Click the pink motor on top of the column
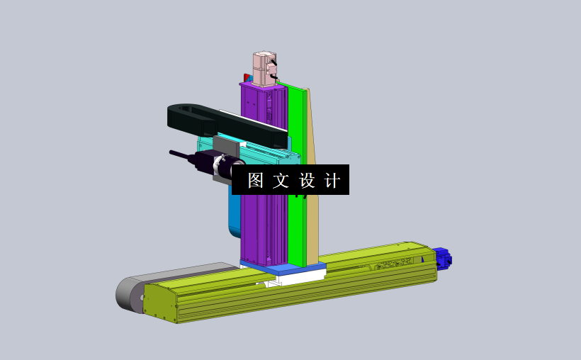[x=264, y=68]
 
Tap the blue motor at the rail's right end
[x=442, y=259]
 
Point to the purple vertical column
[x=252, y=227]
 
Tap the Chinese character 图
[x=256, y=180]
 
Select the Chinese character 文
[x=281, y=180]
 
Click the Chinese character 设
[x=307, y=180]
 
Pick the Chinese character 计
[x=332, y=180]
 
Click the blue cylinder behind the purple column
[x=235, y=213]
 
